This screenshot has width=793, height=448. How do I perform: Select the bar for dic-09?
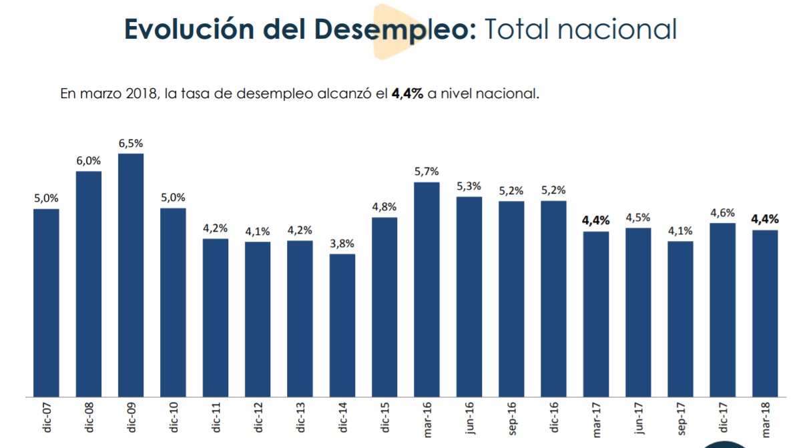131,275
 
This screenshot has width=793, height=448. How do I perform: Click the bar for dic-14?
342,325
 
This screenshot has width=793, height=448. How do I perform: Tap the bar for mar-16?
427,289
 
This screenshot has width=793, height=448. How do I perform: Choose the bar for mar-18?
765,313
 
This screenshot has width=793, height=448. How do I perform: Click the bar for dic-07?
46,302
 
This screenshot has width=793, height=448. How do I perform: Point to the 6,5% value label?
131,144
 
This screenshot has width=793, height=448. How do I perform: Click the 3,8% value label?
342,244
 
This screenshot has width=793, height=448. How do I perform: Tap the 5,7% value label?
427,172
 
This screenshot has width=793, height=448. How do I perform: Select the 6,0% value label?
88,161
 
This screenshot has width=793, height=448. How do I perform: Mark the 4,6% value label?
722,213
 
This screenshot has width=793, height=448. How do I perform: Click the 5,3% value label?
469,186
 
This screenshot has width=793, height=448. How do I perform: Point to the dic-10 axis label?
174,418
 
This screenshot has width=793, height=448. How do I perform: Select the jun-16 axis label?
469,418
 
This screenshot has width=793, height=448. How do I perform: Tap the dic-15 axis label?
385,418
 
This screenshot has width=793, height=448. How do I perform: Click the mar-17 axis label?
596,418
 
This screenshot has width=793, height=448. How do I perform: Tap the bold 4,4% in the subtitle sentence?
407,94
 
